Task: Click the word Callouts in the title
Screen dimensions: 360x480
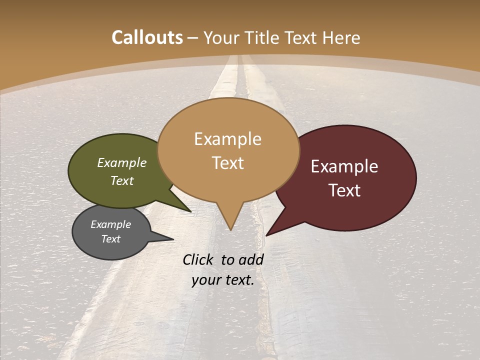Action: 147,37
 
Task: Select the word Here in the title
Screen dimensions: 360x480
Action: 341,37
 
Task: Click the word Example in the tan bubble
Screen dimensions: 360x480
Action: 227,139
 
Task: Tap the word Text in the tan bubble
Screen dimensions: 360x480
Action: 227,163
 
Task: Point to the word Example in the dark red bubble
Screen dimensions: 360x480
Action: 344,166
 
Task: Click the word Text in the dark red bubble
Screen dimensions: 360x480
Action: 345,190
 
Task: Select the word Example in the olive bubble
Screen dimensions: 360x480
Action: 122,163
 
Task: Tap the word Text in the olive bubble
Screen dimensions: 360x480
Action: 122,180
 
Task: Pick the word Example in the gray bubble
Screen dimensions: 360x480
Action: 111,224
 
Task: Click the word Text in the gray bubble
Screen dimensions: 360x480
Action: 111,239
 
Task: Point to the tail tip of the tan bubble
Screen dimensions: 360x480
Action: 230,227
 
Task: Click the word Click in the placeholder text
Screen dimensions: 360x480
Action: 199,259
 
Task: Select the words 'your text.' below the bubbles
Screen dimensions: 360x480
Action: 223,280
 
